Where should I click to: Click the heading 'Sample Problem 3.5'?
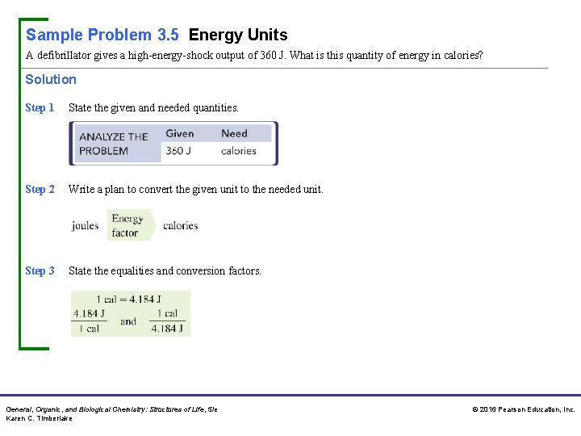pos(102,35)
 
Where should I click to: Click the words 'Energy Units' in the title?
pos(238,35)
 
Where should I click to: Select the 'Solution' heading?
pos(51,79)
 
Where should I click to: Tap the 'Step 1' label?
pos(40,107)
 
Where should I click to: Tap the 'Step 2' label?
pos(40,189)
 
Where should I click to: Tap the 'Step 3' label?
pos(40,270)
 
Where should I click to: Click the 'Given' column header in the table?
pos(179,133)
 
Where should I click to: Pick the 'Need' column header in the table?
pos(234,133)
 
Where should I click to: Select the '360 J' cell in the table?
pos(178,150)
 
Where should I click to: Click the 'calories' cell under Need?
pos(238,150)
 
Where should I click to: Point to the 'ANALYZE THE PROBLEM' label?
pos(113,143)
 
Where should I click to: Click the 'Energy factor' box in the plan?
pos(127,225)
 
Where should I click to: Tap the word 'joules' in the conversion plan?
pos(85,225)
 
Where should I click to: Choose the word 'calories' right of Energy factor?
pos(180,225)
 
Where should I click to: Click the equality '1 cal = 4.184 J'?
pos(130,299)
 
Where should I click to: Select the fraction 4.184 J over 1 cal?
pos(88,321)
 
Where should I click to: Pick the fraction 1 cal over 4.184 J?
pos(168,321)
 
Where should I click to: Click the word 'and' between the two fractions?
pos(128,321)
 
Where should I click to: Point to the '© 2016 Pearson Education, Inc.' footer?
pos(523,409)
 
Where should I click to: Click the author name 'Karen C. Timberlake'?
pos(39,418)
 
